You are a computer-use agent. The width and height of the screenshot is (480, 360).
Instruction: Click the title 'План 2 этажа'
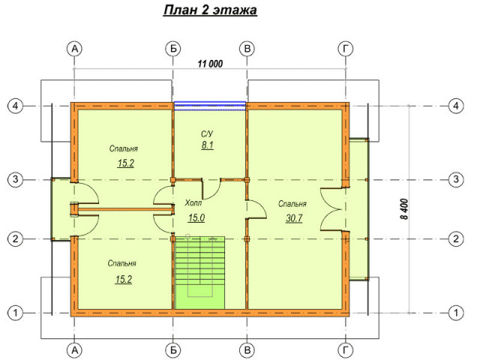210,10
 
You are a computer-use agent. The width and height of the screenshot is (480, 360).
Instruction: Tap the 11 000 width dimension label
210,64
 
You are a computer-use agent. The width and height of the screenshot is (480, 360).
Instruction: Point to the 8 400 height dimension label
404,209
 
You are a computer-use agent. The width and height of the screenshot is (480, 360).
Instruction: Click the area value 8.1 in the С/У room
207,145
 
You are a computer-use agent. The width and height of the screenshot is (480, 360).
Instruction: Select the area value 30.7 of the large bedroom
294,218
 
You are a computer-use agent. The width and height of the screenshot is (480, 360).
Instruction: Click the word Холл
193,202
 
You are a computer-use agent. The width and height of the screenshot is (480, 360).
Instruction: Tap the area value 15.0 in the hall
196,217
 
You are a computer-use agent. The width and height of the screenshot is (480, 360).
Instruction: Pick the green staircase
200,272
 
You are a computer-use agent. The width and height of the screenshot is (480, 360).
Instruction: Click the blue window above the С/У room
210,106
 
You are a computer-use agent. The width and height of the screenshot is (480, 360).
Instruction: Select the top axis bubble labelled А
75,49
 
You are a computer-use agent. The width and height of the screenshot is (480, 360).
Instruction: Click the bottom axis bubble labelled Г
346,350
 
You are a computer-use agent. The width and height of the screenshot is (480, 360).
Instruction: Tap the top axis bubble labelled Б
173,49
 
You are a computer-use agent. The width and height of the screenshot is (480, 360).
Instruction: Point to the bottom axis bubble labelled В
247,350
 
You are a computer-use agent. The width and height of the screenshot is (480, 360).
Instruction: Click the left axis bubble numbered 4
15,106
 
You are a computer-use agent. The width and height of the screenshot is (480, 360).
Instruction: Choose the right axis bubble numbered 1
456,313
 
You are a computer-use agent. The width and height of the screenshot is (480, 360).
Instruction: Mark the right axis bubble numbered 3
456,179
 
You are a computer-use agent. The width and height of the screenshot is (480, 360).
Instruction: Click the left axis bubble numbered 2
15,238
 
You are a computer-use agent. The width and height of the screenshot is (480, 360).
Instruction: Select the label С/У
207,133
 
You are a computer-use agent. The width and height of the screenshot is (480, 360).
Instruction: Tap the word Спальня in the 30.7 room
292,204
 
